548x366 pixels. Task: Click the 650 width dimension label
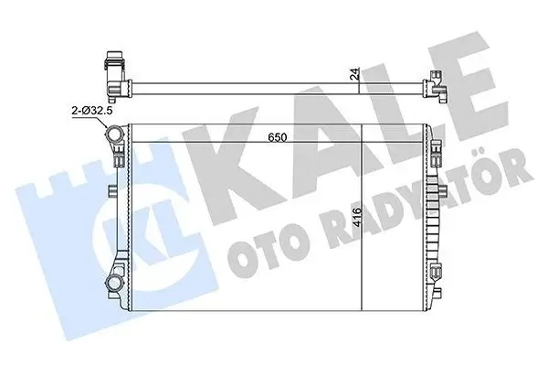tap(281, 137)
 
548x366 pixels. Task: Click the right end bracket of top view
tap(437, 88)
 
